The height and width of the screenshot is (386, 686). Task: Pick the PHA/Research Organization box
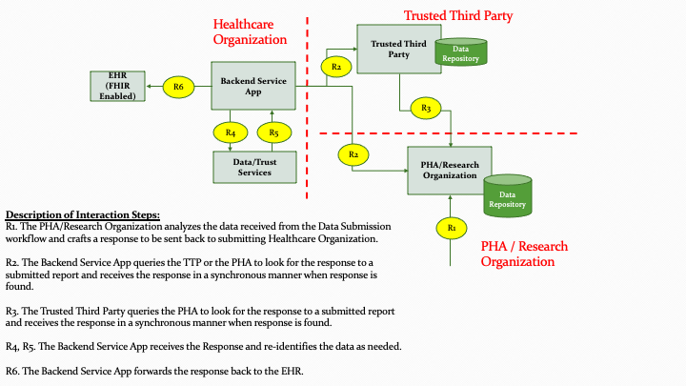[x=450, y=170]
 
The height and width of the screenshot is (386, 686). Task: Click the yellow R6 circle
[x=177, y=87]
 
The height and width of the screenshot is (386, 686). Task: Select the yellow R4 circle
[x=231, y=132]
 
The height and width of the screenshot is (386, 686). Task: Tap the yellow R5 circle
[x=273, y=132]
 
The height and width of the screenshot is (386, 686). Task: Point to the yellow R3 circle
[x=426, y=109]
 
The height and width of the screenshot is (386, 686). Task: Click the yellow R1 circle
[x=452, y=228]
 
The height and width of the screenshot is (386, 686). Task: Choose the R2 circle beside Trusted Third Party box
[x=335, y=66]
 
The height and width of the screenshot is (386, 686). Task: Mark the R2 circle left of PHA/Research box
[x=353, y=152]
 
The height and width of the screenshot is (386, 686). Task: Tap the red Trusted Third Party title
[x=458, y=15]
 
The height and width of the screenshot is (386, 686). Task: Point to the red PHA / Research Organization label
[x=524, y=254]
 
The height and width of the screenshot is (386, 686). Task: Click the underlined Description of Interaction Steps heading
[x=83, y=214]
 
